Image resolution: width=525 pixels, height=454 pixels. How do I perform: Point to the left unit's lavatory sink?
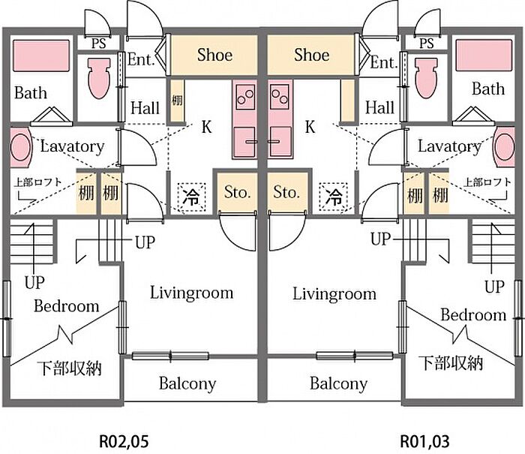pyautogui.click(x=20, y=147)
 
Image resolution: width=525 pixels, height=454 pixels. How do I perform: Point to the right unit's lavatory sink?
pyautogui.click(x=505, y=147)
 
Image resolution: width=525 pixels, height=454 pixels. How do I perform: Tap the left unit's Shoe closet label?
pyautogui.click(x=214, y=55)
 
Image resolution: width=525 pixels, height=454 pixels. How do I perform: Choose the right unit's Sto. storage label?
pyautogui.click(x=286, y=193)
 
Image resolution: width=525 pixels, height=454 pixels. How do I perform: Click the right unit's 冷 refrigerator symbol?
pyautogui.click(x=334, y=197)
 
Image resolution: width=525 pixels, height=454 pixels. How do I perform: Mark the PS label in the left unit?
pyautogui.click(x=99, y=43)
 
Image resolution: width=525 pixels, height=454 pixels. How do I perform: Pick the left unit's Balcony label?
pyautogui.click(x=187, y=383)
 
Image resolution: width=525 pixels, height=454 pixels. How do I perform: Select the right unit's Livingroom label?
pyautogui.click(x=334, y=293)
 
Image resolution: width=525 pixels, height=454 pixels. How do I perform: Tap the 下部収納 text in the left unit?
pyautogui.click(x=70, y=368)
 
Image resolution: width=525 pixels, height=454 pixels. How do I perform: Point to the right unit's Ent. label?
pyautogui.click(x=383, y=62)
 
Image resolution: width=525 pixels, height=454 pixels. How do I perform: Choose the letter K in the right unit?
pyautogui.click(x=310, y=126)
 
